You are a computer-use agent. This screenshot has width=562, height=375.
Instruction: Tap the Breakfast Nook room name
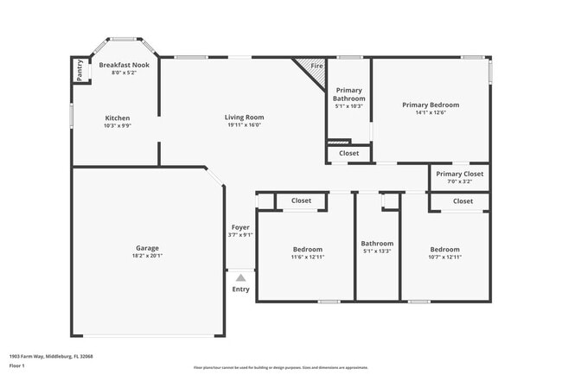click(x=124, y=65)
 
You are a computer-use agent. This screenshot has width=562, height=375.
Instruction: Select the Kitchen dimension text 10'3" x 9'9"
click(x=118, y=125)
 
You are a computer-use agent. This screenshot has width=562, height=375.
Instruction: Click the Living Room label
click(x=244, y=118)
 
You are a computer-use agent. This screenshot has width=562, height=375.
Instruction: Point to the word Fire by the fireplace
click(x=316, y=66)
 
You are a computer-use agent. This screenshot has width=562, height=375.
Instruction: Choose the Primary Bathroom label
click(x=349, y=94)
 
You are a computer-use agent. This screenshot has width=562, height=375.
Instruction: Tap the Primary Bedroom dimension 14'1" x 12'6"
click(x=430, y=112)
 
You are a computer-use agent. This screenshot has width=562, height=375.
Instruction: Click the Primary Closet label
click(x=459, y=174)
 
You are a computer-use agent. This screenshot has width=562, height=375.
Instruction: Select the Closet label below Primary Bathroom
click(x=348, y=153)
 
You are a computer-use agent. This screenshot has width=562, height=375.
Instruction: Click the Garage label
click(x=147, y=248)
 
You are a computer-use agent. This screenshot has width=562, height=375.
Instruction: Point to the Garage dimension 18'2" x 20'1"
click(x=147, y=256)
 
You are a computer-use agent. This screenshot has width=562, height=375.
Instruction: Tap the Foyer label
click(x=240, y=227)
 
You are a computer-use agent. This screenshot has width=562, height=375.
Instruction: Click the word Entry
click(x=240, y=289)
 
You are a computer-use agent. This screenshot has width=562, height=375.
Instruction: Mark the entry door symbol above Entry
click(x=240, y=276)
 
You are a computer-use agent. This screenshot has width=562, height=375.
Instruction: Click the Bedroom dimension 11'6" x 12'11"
click(x=308, y=257)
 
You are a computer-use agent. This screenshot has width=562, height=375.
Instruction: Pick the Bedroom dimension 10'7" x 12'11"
click(x=444, y=257)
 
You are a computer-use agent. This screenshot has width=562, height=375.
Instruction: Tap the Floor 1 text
click(x=18, y=365)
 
